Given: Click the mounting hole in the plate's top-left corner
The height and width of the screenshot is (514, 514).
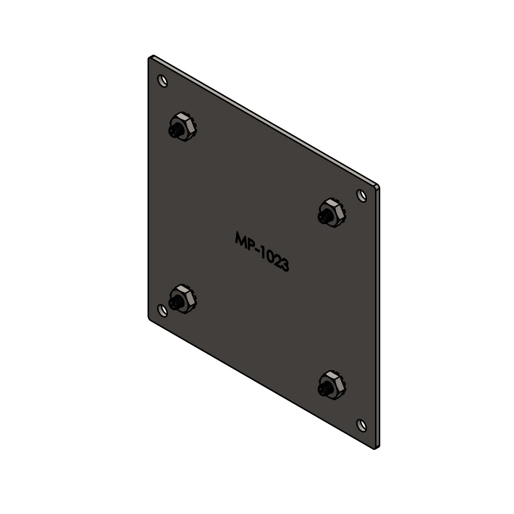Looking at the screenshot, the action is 163,81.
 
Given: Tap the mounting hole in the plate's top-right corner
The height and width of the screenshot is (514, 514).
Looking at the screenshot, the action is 362,196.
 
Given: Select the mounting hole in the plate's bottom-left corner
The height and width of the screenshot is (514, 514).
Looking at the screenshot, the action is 163,310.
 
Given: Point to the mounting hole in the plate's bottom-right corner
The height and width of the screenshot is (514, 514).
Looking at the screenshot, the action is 362,425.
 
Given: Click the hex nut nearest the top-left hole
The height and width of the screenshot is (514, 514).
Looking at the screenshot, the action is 183,127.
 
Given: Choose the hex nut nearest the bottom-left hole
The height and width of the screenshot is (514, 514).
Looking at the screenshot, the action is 183,298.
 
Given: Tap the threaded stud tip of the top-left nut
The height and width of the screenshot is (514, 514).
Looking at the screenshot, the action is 174,131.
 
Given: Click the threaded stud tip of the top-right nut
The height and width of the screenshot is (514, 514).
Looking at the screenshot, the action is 323,217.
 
